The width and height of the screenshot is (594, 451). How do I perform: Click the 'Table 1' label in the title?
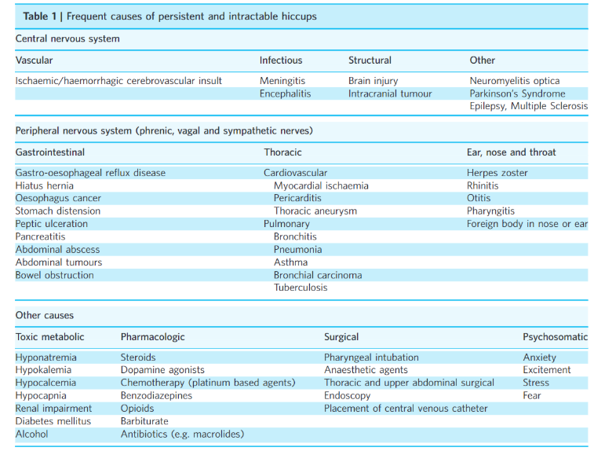click(40, 16)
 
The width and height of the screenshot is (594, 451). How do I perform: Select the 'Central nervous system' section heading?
click(67, 38)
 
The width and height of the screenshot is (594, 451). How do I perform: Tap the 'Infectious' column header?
click(281, 60)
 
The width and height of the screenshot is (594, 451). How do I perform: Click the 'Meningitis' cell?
click(282, 81)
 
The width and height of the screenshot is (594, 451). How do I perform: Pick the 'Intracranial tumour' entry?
click(390, 93)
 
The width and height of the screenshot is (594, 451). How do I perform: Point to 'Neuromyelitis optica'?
click(515, 81)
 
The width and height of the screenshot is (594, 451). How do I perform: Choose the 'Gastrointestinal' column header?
click(50, 152)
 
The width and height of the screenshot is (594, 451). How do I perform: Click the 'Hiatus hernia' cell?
click(44, 186)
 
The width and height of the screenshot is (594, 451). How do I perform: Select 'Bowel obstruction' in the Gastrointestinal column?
click(55, 275)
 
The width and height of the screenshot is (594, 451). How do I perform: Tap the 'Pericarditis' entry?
click(297, 198)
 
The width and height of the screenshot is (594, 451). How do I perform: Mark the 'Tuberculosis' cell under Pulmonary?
click(301, 288)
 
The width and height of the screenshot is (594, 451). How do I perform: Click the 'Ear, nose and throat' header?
click(511, 152)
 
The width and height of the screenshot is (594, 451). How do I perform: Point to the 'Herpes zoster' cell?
click(497, 173)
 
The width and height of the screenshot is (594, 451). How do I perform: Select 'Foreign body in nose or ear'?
click(527, 224)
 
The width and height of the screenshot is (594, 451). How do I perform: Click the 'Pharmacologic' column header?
click(153, 337)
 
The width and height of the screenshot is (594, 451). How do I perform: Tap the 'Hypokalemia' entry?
click(43, 370)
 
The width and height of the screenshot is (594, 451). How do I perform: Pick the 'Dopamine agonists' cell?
click(162, 370)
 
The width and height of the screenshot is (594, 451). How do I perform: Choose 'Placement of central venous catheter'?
click(406, 409)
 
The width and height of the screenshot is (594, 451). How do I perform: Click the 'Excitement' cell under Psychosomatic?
click(547, 370)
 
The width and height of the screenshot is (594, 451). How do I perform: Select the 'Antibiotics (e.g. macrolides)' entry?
click(182, 434)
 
